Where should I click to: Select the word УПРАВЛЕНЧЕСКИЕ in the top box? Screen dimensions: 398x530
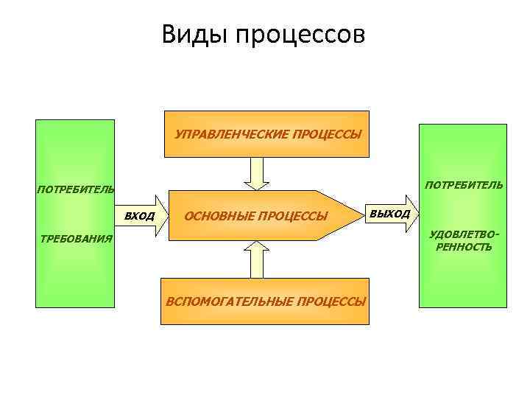click(x=232, y=135)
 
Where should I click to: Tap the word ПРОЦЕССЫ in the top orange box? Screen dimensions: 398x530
click(x=328, y=135)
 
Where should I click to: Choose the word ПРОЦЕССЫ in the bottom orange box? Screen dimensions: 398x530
click(x=331, y=301)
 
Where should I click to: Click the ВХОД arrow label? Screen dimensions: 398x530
click(x=139, y=217)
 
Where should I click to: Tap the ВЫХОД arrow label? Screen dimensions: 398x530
click(x=390, y=214)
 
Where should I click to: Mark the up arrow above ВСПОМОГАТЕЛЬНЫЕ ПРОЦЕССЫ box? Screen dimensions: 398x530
click(x=257, y=259)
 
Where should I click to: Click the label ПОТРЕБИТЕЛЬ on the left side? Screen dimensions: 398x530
click(x=75, y=189)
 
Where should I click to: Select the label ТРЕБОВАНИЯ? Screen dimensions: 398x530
click(x=76, y=239)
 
